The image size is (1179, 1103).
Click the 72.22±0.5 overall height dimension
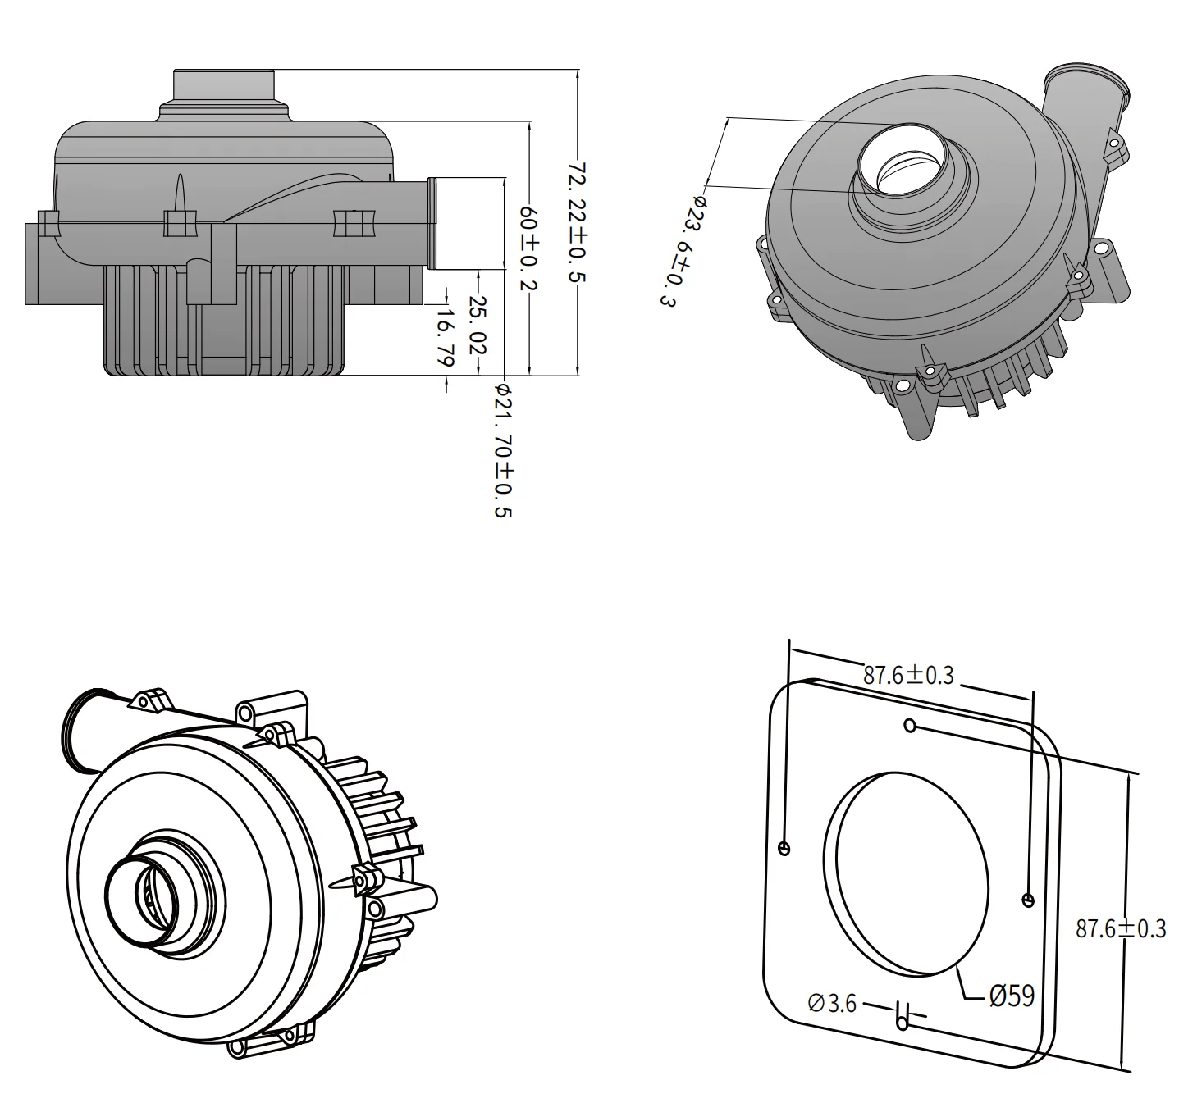coord(578,221)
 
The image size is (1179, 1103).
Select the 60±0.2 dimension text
coord(529,245)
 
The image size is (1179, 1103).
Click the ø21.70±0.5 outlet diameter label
coord(502,450)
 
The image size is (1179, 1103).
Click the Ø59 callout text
coord(1011,996)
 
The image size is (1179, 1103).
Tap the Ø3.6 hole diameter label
coord(832,1002)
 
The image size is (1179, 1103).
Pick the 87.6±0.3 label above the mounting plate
coord(908,675)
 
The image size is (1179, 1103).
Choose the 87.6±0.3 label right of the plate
coord(1120,928)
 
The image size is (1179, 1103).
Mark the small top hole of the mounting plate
coord(909,725)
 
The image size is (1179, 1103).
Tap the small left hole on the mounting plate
coord(784,848)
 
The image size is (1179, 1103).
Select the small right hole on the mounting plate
coord(1028,900)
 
